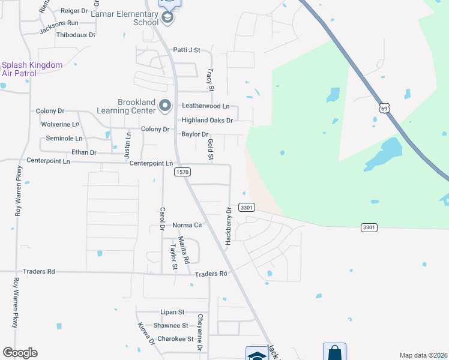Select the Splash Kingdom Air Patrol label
click(32, 69)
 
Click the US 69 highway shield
click(385, 107)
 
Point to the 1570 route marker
click(182, 172)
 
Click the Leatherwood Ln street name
click(206, 106)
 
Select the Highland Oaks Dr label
click(207, 121)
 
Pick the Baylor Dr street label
click(194, 134)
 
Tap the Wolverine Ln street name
click(60, 124)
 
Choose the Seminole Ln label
click(59, 139)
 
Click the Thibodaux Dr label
click(76, 35)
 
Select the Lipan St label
click(172, 313)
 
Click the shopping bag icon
click(334, 352)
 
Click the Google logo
click(20, 353)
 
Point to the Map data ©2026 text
click(423, 355)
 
